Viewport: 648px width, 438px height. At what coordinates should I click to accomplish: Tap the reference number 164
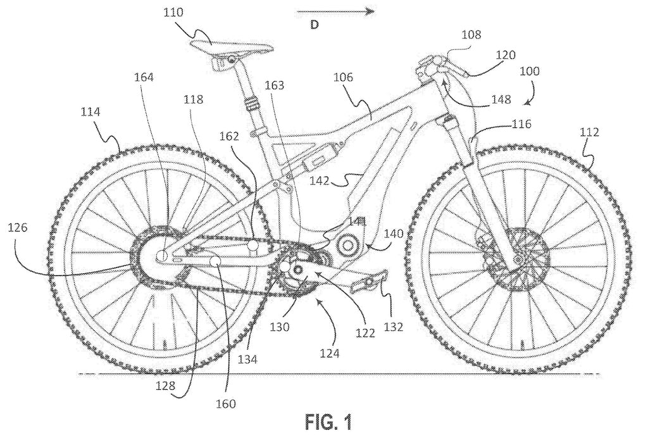coord(144,78)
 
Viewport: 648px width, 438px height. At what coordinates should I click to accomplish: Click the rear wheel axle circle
coord(161,255)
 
